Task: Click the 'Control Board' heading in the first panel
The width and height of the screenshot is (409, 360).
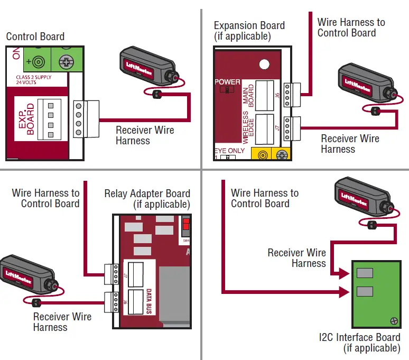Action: [x=35, y=36]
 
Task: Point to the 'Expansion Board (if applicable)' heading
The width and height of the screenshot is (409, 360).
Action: [x=249, y=31]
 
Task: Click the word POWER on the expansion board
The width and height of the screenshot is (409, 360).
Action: [x=227, y=82]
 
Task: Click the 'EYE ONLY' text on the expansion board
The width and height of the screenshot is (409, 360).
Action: [x=229, y=151]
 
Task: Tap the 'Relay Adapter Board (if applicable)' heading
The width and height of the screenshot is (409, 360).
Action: [x=147, y=199]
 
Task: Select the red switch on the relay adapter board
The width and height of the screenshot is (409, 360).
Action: [x=185, y=227]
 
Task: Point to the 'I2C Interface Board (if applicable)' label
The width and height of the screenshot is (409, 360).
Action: [x=359, y=343]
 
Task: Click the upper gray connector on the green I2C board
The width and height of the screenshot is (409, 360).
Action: [x=365, y=273]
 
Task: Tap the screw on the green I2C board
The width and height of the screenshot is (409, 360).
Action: [x=394, y=320]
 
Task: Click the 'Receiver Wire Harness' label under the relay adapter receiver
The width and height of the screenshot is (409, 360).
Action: [x=62, y=321]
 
